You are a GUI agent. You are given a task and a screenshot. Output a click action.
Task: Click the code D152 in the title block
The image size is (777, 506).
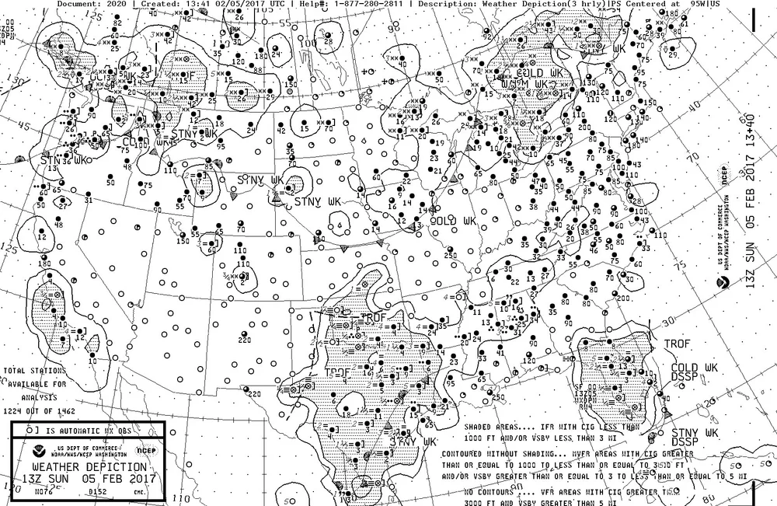[97, 490]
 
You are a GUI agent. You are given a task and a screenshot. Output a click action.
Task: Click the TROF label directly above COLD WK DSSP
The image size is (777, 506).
[677, 343]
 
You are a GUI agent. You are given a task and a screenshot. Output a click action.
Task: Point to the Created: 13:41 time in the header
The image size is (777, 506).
[172, 4]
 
